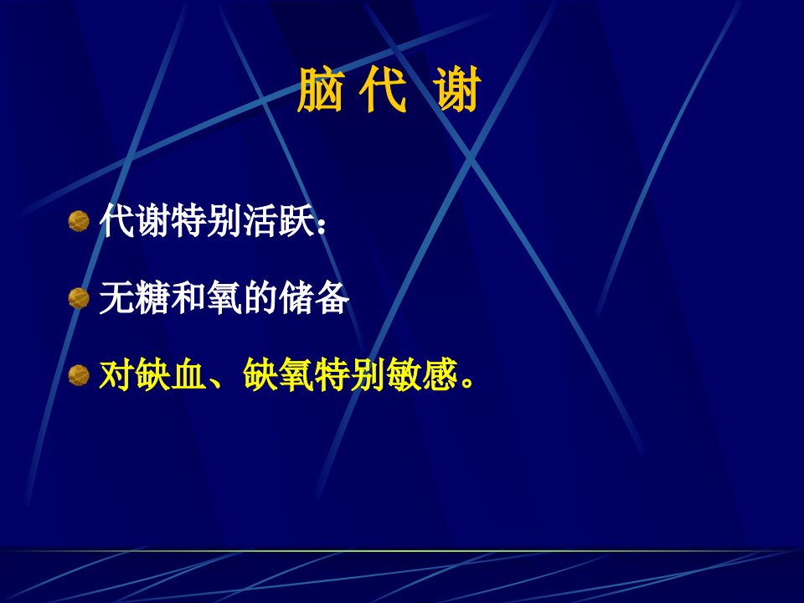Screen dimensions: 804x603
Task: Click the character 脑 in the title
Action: [x=320, y=90]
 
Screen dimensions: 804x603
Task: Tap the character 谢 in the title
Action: [x=458, y=90]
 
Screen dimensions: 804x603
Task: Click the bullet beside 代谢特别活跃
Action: [x=79, y=221]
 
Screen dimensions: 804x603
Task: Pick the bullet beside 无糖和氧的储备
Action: [x=79, y=298]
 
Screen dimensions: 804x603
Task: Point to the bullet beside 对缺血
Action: [x=79, y=375]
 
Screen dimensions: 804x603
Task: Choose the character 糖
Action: [x=152, y=298]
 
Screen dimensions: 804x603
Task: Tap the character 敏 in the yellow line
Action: [x=404, y=375]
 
